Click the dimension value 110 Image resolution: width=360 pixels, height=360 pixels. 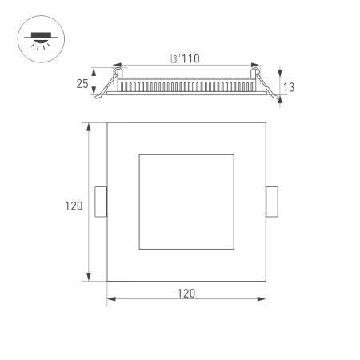190,59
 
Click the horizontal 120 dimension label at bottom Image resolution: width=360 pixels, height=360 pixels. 186,293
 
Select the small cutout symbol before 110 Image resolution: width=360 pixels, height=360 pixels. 174,59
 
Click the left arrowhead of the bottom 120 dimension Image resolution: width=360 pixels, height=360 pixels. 110,301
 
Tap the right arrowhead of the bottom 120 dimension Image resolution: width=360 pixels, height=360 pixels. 263,301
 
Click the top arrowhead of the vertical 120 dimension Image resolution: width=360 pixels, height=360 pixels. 87,126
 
